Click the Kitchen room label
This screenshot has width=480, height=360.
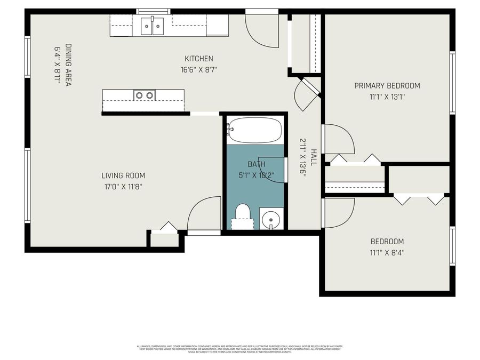click(x=198, y=59)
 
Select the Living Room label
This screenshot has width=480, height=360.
click(x=123, y=175)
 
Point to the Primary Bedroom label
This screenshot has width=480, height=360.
click(x=387, y=85)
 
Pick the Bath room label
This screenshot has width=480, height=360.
click(x=256, y=164)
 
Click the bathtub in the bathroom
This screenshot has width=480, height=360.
click(x=255, y=130)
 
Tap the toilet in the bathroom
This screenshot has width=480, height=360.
click(x=243, y=214)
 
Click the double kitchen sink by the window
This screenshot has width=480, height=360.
click(x=152, y=26)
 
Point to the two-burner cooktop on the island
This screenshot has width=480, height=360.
click(x=144, y=95)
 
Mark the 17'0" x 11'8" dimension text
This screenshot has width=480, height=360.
click(x=123, y=187)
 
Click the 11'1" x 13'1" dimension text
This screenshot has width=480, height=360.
click(x=387, y=97)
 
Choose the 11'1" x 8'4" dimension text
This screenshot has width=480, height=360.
click(x=388, y=253)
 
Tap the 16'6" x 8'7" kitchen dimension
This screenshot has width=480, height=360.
click(x=198, y=69)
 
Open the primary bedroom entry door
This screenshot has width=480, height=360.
click(x=337, y=139)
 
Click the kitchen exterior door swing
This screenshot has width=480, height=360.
click(x=261, y=29)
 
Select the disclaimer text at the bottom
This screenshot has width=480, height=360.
click(x=240, y=349)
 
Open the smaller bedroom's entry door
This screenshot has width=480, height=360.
click(x=337, y=212)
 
